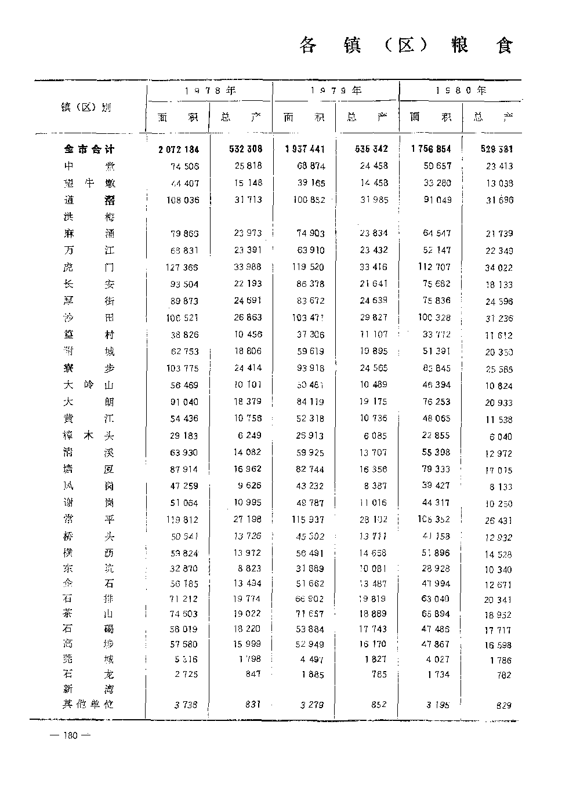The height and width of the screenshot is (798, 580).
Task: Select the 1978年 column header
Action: click(210, 90)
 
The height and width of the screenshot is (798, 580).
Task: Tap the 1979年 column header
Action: click(336, 90)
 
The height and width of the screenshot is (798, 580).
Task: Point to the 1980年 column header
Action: click(461, 90)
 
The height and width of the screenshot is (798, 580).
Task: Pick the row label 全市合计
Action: click(89, 150)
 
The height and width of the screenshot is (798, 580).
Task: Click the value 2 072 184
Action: click(179, 150)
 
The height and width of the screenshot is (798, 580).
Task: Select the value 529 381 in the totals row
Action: click(497, 150)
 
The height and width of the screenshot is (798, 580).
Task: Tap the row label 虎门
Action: click(89, 267)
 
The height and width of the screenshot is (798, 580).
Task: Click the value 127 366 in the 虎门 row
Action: click(182, 267)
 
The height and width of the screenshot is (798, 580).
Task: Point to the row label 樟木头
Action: click(89, 436)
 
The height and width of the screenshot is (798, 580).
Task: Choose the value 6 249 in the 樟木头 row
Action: click(246, 435)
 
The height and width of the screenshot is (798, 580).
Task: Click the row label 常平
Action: click(89, 520)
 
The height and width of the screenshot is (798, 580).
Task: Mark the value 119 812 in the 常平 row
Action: click(182, 520)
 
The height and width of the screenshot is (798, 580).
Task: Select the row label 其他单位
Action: click(89, 705)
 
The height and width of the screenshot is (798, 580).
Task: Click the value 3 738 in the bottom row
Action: click(186, 705)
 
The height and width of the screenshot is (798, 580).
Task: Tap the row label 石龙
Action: click(89, 675)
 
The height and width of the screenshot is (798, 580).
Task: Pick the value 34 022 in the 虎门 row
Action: click(499, 268)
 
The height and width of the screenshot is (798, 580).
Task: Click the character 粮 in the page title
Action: click(460, 45)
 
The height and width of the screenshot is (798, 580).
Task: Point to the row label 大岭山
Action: click(89, 385)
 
